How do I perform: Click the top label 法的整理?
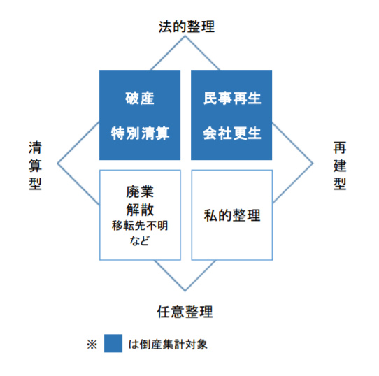187,27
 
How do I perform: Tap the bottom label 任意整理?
185,312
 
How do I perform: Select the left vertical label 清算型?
35,166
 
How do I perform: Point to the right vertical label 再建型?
340,166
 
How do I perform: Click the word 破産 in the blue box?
140,98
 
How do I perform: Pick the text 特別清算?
140,133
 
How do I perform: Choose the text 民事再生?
232,98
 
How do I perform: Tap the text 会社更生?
232,133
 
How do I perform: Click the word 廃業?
140,192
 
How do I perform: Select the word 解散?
140,209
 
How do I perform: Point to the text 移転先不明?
140,226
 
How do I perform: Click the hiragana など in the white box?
139,240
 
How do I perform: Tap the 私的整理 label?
232,215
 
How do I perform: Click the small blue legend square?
113,343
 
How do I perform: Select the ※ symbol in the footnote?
92,345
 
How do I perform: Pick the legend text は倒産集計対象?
168,345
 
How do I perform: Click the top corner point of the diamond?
185,36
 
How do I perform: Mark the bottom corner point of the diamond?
185,291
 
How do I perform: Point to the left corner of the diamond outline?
57,164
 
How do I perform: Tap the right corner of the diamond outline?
313,164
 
